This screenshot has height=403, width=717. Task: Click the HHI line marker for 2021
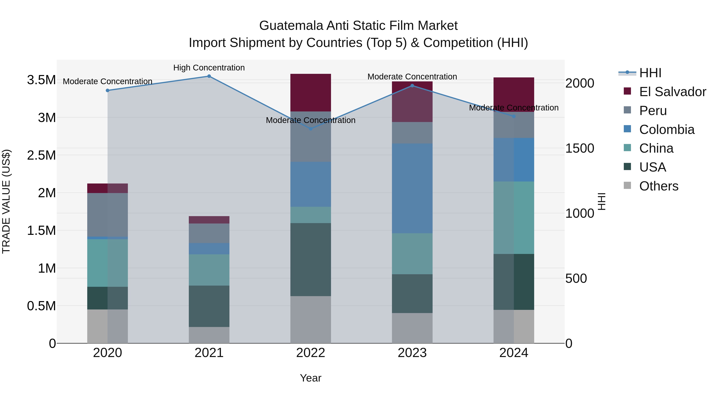click(x=209, y=76)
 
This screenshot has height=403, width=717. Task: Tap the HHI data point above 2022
click(x=311, y=129)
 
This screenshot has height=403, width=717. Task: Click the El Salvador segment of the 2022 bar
click(x=311, y=93)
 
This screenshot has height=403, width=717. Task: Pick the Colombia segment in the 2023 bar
click(x=412, y=188)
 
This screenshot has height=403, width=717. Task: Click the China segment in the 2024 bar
click(x=514, y=218)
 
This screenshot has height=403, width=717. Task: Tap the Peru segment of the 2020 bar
click(x=107, y=215)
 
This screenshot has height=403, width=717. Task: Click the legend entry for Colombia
click(x=667, y=130)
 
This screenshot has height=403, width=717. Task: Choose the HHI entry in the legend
click(x=650, y=73)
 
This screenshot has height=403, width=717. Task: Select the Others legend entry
click(x=659, y=186)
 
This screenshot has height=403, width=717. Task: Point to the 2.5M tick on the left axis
click(x=41, y=155)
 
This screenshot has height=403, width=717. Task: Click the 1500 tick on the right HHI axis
click(x=580, y=148)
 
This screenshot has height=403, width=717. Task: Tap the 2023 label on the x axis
click(x=412, y=353)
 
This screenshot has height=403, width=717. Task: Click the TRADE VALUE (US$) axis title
click(x=6, y=201)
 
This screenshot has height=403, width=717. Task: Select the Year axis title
click(x=311, y=378)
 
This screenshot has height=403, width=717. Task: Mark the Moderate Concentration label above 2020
click(x=107, y=81)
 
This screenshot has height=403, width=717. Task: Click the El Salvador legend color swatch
click(x=627, y=91)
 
